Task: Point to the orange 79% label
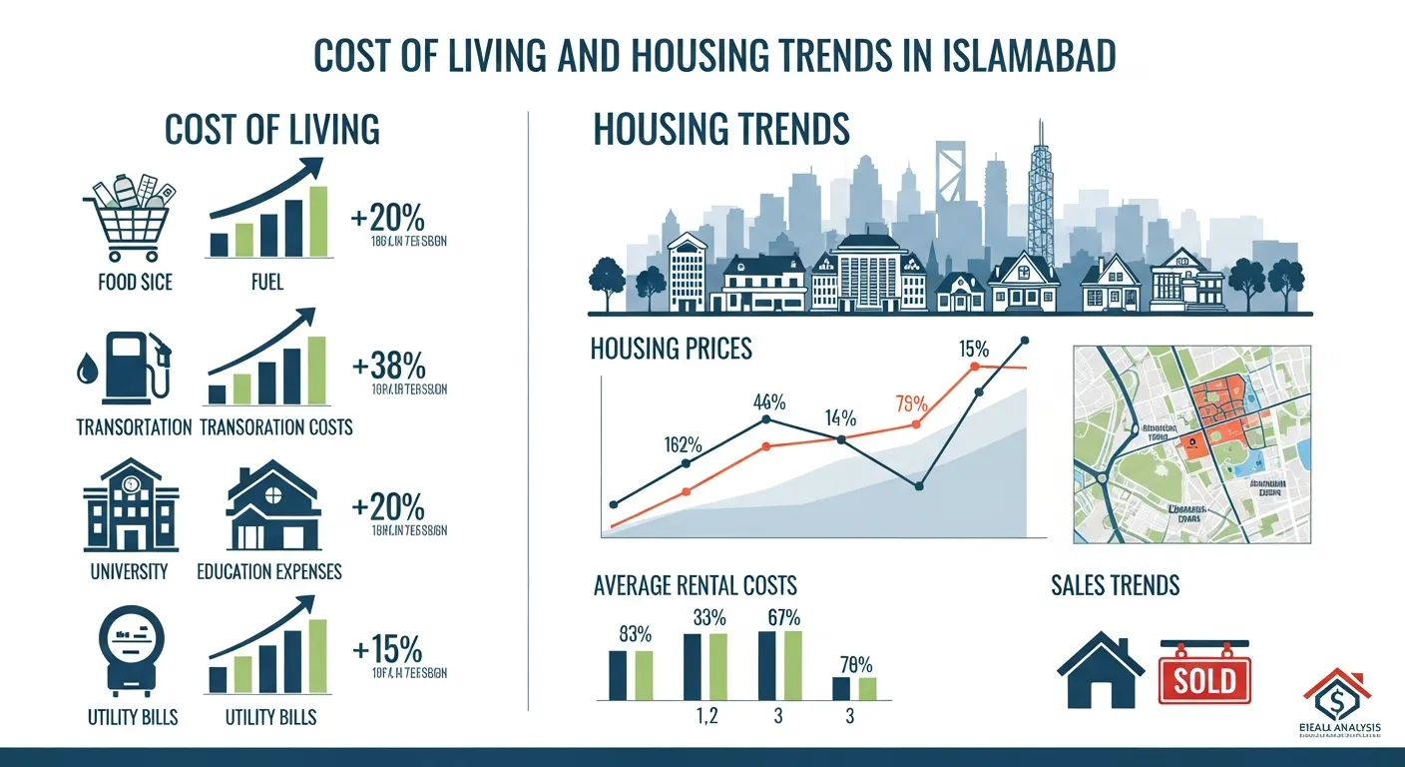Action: [912, 404]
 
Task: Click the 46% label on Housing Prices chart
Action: [768, 402]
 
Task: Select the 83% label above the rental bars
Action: [635, 633]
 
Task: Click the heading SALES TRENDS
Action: [1115, 585]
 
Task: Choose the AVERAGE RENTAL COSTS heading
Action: [694, 585]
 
